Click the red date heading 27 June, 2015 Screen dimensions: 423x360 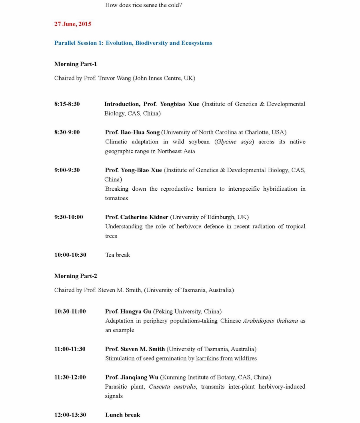[x=73, y=24]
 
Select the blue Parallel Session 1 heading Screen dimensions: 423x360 [x=133, y=43]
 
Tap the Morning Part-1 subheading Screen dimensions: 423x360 [x=76, y=64]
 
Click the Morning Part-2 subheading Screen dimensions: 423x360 [x=76, y=276]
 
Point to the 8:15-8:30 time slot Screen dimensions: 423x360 [x=67, y=104]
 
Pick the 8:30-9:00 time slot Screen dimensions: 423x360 [x=67, y=132]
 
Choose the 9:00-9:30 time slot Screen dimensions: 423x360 [x=67, y=170]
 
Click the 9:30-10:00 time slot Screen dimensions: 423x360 [x=68, y=217]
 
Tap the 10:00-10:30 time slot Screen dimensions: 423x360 [x=70, y=255]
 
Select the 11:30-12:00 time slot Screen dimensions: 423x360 [x=70, y=377]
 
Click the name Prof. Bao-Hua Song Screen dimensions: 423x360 [x=132, y=132]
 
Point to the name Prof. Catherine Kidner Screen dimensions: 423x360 [x=136, y=217]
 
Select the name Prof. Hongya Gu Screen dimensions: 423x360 [x=128, y=311]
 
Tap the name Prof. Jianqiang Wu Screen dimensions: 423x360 [x=132, y=377]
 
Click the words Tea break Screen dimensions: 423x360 [x=118, y=255]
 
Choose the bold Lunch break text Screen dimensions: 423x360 [x=122, y=415]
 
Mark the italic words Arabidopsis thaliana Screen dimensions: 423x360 [x=270, y=321]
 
